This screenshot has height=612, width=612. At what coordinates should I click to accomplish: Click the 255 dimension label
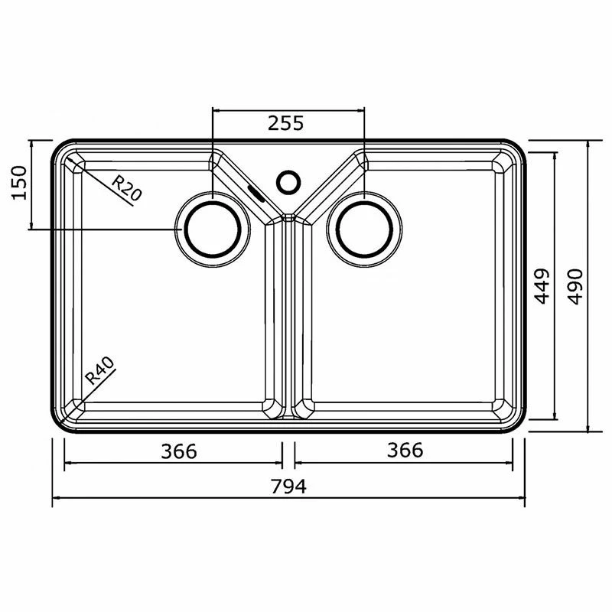pyautogui.click(x=285, y=123)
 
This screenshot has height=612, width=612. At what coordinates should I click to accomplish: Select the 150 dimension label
pyautogui.click(x=19, y=183)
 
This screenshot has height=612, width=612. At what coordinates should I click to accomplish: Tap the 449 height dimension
pyautogui.click(x=542, y=286)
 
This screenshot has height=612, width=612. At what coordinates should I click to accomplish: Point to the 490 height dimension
pyautogui.click(x=575, y=286)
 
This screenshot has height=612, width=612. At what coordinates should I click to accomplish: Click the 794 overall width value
pyautogui.click(x=289, y=487)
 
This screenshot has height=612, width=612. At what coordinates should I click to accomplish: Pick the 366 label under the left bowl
pyautogui.click(x=179, y=451)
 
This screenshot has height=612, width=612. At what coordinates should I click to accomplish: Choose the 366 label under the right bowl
pyautogui.click(x=405, y=450)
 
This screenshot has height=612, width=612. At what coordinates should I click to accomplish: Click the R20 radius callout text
pyautogui.click(x=126, y=187)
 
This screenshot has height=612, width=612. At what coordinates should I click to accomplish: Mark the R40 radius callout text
pyautogui.click(x=100, y=371)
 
